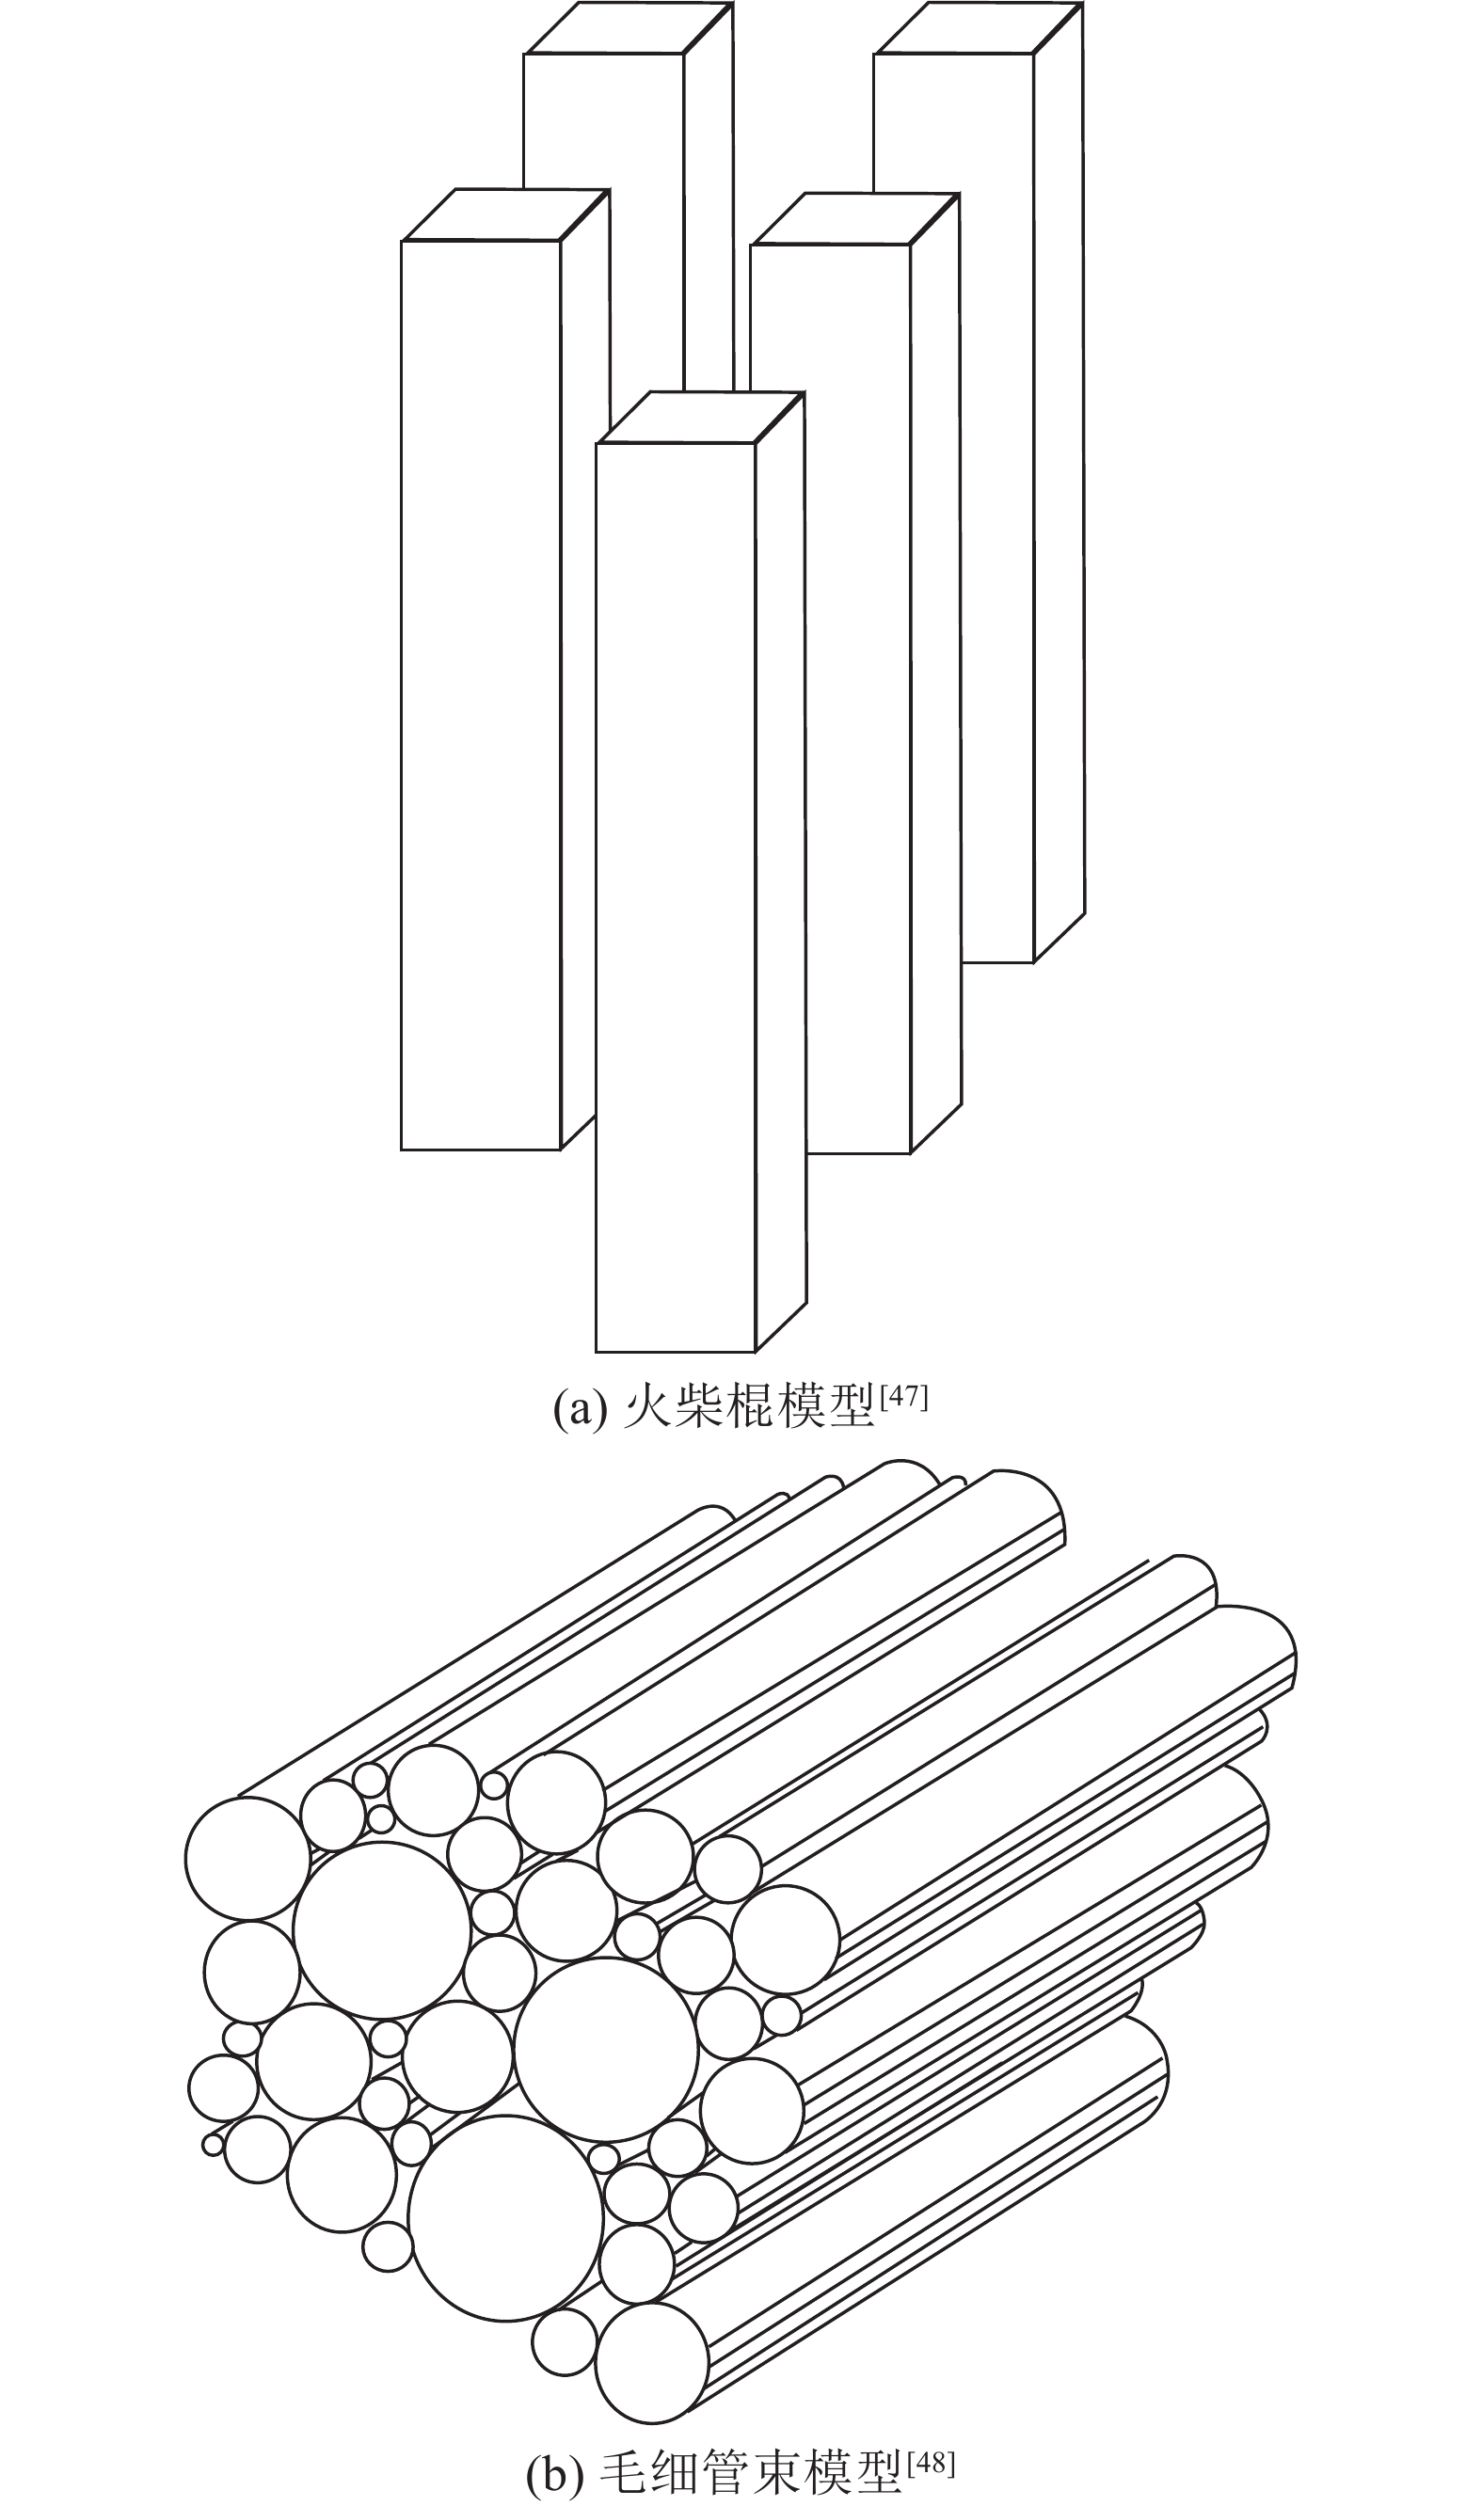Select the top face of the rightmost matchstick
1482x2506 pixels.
979,27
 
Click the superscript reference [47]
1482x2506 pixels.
903,1397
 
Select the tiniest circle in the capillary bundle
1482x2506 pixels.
212,2144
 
